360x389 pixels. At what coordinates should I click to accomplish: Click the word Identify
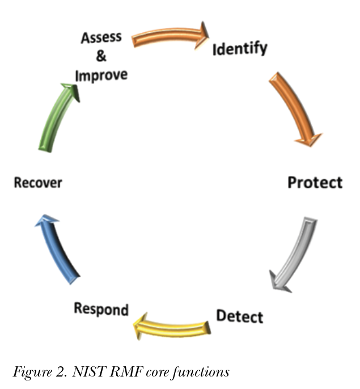240,49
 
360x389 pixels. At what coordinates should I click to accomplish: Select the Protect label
315,183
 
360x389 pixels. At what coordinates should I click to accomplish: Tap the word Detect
240,316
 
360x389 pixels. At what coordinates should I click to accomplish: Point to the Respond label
101,309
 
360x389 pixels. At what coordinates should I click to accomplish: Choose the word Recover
38,183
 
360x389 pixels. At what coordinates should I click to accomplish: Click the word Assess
101,37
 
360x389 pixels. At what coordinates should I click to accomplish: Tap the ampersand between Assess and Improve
101,56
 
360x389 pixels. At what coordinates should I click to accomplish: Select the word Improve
101,75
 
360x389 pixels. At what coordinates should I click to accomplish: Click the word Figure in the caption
32,373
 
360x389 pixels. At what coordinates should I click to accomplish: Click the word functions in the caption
201,372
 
